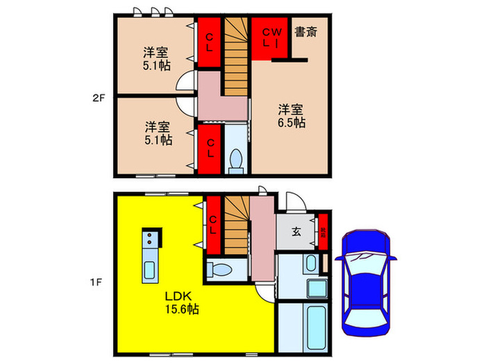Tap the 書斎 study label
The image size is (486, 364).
point(305,31)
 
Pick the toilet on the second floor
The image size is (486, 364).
point(235,160)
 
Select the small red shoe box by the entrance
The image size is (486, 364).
point(323,231)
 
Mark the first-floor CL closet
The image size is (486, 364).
point(213,225)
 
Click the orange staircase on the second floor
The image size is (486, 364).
point(237,55)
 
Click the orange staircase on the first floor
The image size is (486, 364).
point(236,222)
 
